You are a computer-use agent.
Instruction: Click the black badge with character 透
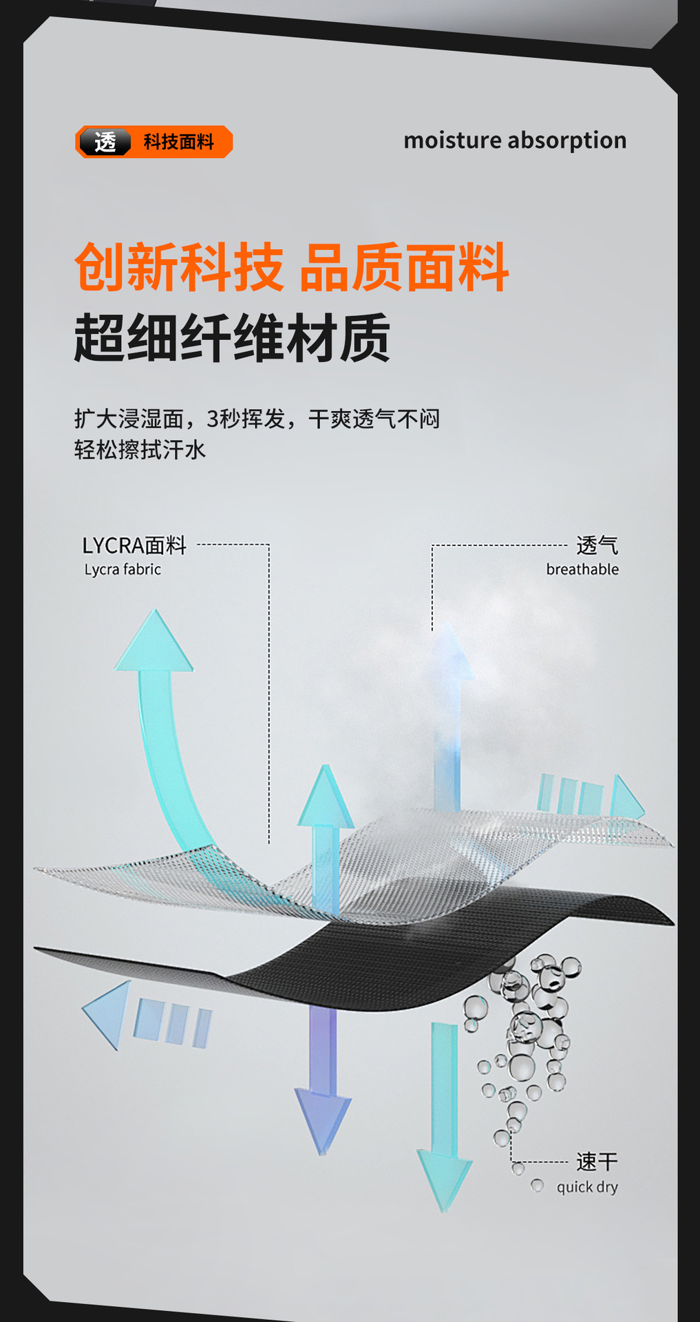(x=105, y=142)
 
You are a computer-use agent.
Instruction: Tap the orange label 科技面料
(x=178, y=142)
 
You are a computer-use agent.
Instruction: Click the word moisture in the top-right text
(x=452, y=140)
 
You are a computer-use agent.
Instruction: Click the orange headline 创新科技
(x=179, y=267)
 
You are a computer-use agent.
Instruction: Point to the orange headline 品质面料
(x=404, y=267)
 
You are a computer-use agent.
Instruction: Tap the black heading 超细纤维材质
(x=232, y=337)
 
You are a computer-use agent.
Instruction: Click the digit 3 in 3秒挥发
(x=213, y=419)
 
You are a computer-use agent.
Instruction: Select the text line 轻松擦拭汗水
(x=140, y=450)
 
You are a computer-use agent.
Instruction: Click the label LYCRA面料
(x=134, y=545)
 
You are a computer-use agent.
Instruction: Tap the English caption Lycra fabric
(x=123, y=569)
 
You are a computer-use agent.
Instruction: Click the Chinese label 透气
(x=597, y=545)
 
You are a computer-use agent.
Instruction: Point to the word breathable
(x=582, y=569)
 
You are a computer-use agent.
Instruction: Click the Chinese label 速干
(x=597, y=1162)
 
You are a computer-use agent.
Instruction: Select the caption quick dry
(x=587, y=1187)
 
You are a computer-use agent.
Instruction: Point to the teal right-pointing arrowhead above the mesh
(x=626, y=799)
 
